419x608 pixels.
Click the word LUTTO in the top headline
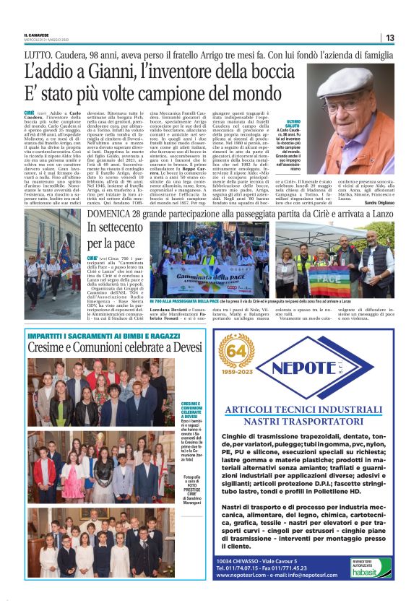(x=38, y=53)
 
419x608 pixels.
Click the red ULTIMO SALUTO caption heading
(x=298, y=126)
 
